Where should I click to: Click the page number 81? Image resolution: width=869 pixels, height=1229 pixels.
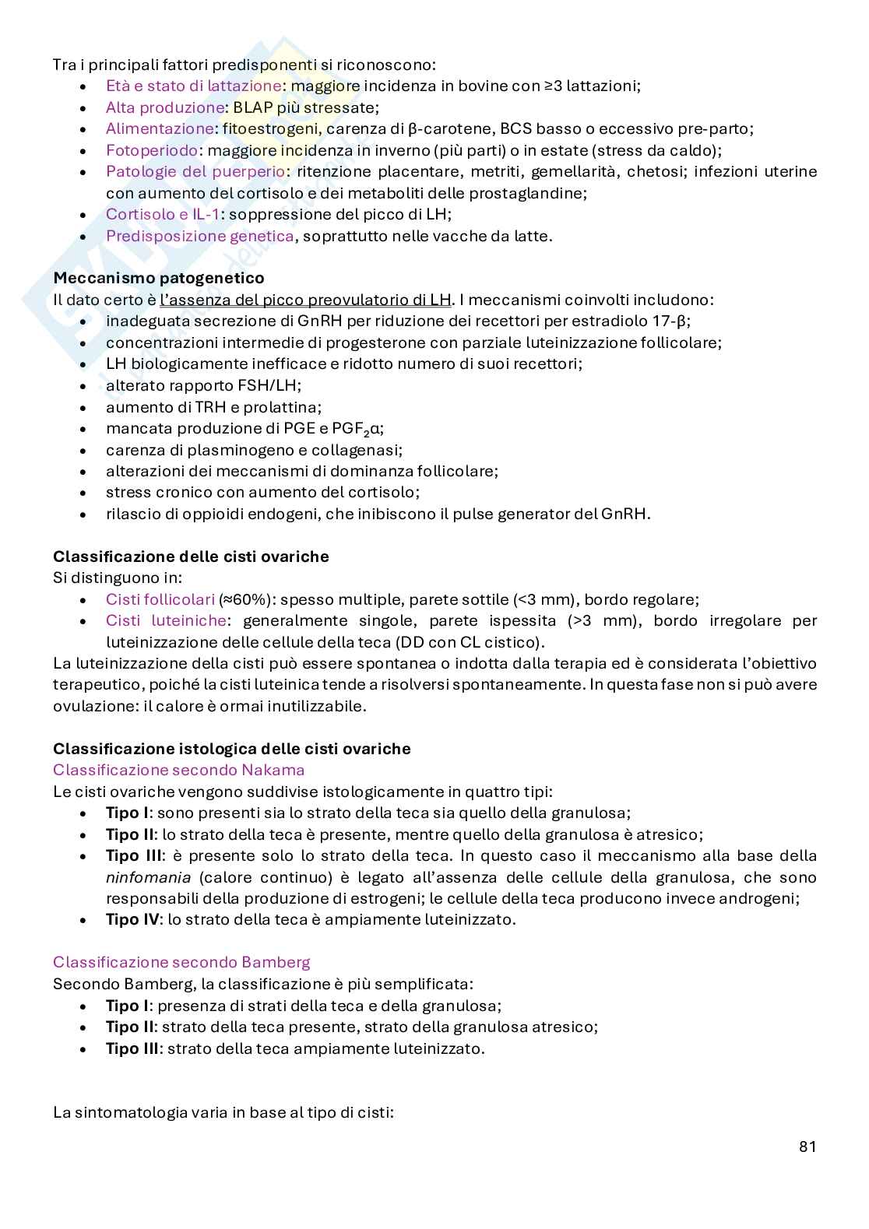click(807, 1146)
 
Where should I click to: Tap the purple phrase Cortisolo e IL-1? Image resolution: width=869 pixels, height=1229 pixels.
click(162, 214)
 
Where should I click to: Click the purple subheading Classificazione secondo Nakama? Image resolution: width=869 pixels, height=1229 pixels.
click(178, 771)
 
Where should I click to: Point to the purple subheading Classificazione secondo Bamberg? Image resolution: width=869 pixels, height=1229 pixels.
click(181, 963)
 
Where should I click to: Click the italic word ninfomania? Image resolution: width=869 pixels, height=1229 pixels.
click(141, 877)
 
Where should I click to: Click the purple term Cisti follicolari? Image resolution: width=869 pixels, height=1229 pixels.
click(160, 600)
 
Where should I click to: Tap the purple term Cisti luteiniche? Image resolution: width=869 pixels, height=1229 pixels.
click(166, 621)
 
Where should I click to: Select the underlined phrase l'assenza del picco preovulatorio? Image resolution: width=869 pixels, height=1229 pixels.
click(294, 300)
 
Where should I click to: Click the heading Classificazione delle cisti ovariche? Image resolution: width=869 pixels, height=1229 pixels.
click(191, 557)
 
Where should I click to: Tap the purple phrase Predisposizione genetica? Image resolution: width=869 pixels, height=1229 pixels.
click(200, 236)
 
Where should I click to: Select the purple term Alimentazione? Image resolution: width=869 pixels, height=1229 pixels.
click(160, 129)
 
